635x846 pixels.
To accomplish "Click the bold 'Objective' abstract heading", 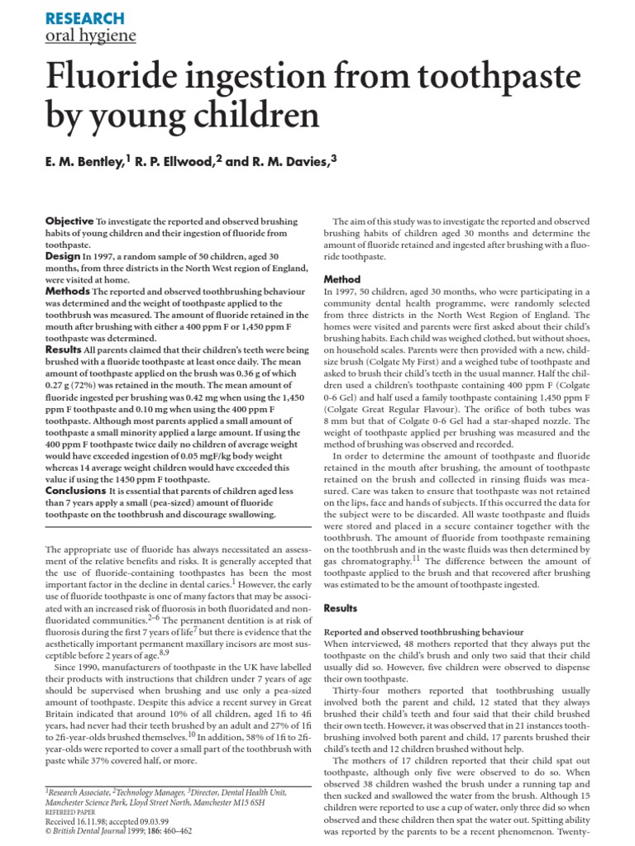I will [69, 222].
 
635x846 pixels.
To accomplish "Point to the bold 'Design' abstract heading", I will [63, 257].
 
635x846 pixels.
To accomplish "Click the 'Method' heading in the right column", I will [342, 279].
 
